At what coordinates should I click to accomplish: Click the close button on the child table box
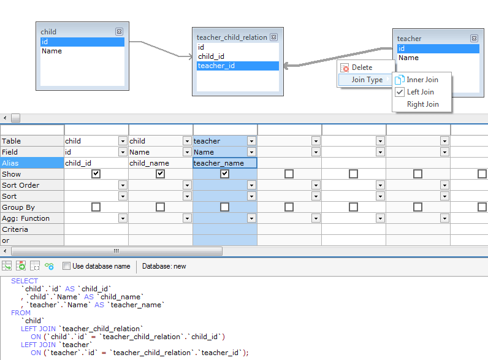pyautogui.click(x=119, y=32)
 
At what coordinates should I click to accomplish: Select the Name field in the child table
pyautogui.click(x=51, y=52)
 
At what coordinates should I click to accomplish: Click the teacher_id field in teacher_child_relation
pyautogui.click(x=216, y=66)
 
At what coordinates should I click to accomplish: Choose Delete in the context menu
pyautogui.click(x=362, y=67)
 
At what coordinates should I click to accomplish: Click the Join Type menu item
pyautogui.click(x=367, y=80)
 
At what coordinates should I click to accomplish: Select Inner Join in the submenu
pyautogui.click(x=422, y=80)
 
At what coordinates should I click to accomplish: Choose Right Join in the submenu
pyautogui.click(x=422, y=104)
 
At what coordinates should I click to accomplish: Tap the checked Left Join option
pyautogui.click(x=420, y=92)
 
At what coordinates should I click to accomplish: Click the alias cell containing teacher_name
pyautogui.click(x=224, y=163)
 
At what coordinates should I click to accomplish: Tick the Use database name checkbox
pyautogui.click(x=67, y=266)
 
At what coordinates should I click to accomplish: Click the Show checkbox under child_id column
pyautogui.click(x=96, y=174)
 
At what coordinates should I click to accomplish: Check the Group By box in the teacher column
pyautogui.click(x=224, y=207)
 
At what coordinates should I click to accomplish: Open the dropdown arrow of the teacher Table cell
pyautogui.click(x=251, y=141)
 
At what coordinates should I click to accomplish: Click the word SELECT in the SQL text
pyautogui.click(x=25, y=281)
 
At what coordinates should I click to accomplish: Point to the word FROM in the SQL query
pyautogui.click(x=21, y=313)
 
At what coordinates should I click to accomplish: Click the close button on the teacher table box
pyautogui.click(x=473, y=39)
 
